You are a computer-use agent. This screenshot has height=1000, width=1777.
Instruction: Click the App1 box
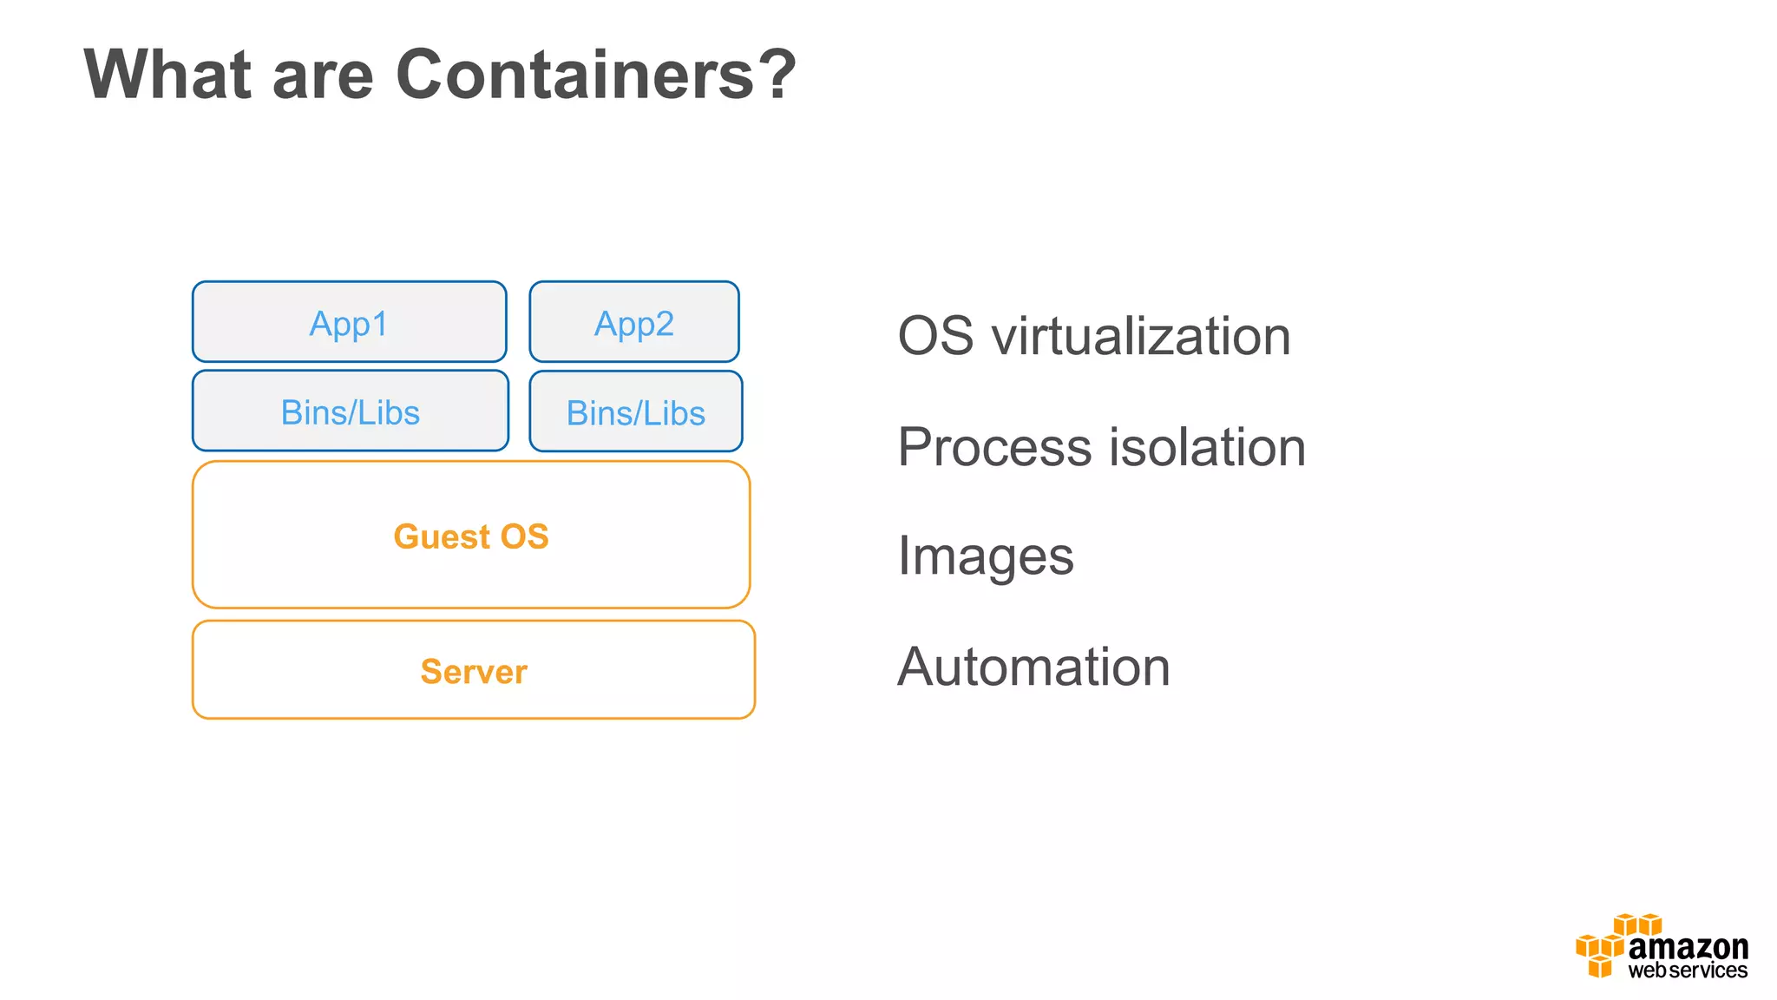click(349, 322)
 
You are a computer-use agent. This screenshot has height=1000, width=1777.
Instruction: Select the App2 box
click(634, 322)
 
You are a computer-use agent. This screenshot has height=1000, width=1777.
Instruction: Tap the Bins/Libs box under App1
click(350, 411)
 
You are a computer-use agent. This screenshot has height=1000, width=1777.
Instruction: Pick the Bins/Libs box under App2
click(636, 412)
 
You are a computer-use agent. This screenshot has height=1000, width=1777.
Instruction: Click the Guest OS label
click(471, 536)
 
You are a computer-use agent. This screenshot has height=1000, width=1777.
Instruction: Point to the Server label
click(474, 671)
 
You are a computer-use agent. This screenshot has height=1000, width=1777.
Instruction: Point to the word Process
click(995, 447)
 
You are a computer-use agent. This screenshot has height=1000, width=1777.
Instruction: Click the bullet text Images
click(986, 556)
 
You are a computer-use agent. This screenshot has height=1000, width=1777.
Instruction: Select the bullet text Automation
click(1033, 667)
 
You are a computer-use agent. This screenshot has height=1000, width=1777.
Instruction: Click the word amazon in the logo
click(1688, 947)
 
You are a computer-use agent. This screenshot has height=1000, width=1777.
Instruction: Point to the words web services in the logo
click(1688, 970)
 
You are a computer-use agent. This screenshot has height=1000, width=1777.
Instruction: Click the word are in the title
click(323, 75)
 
